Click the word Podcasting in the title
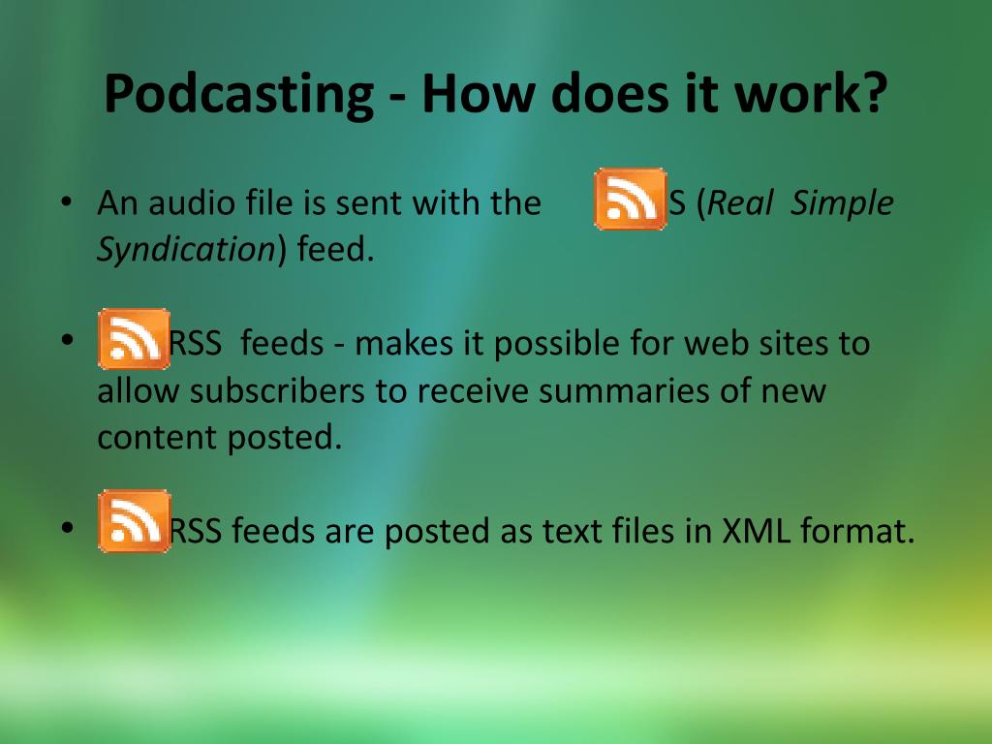tap(238, 95)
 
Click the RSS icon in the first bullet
tap(630, 199)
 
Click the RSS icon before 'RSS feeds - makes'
tap(134, 339)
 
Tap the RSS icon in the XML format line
tap(134, 521)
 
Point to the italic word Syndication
tap(186, 250)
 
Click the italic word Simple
tap(842, 203)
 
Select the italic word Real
tap(740, 203)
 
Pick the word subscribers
tap(277, 390)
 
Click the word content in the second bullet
tap(156, 437)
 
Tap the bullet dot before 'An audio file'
tap(66, 201)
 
